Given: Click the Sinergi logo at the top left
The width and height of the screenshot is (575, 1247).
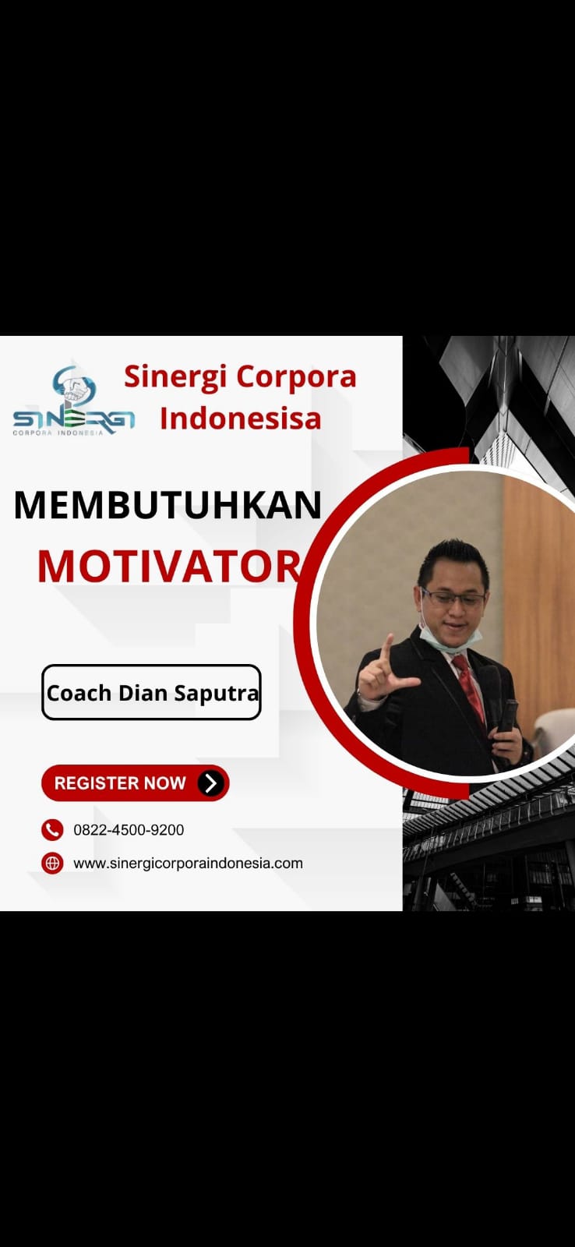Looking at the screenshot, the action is [x=73, y=401].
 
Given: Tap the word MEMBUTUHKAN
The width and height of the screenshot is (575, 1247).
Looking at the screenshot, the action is [x=168, y=505].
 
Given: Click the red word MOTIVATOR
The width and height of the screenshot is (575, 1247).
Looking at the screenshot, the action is [x=169, y=567].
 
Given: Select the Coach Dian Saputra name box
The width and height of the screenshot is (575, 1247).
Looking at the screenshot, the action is [x=151, y=692].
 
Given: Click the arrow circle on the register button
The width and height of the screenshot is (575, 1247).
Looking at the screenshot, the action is [x=211, y=783].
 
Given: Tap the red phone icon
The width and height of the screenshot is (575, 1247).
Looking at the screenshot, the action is [x=52, y=830].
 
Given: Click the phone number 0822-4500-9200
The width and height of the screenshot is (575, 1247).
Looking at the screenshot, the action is [x=129, y=830].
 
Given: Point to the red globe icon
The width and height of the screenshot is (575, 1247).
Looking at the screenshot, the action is [x=52, y=864].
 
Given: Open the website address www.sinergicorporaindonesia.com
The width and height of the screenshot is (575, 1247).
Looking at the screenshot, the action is [x=188, y=864].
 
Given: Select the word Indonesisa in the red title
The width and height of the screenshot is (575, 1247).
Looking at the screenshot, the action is [x=241, y=419].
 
